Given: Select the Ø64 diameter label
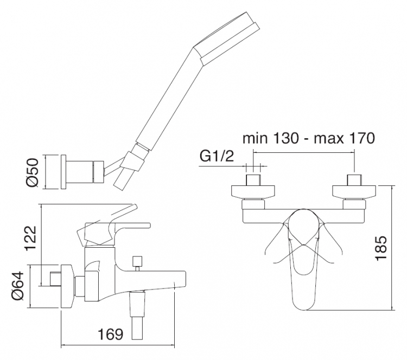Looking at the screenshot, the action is pyautogui.click(x=18, y=286).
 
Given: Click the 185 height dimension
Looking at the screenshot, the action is pyautogui.click(x=381, y=247).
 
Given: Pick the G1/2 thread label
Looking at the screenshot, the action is pyautogui.click(x=217, y=156).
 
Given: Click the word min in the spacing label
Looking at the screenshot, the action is pyautogui.click(x=255, y=138).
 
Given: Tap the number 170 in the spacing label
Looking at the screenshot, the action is pyautogui.click(x=362, y=138).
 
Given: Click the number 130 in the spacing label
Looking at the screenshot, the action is pyautogui.click(x=285, y=138).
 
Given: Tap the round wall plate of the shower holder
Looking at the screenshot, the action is pyautogui.click(x=63, y=172).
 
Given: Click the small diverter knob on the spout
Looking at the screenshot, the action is pyautogui.click(x=137, y=263).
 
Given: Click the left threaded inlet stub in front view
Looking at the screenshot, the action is pyautogui.click(x=253, y=180).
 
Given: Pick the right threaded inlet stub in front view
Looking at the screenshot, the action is pyautogui.click(x=354, y=180).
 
